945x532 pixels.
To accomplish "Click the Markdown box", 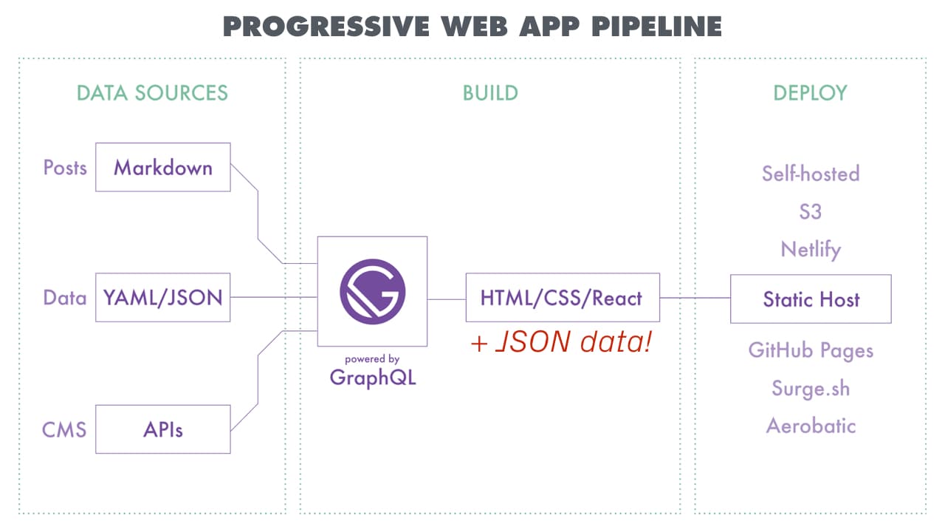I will (x=163, y=168).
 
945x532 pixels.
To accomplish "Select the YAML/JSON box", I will (x=163, y=298).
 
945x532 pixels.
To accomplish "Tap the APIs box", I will (x=163, y=429).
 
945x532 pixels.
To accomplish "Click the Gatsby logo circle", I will (x=372, y=291).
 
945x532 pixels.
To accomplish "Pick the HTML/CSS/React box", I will (x=562, y=299).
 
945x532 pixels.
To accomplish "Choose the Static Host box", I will (x=811, y=299).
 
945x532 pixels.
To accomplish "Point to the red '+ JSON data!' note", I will (x=562, y=343).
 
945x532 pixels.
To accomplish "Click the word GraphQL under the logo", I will (x=373, y=377).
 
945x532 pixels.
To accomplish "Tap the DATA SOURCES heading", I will (x=152, y=93).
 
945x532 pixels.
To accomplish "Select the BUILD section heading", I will (x=490, y=93).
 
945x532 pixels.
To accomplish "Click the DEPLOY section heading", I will (x=810, y=93).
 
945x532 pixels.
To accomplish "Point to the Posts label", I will (x=65, y=168).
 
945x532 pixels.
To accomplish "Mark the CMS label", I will (x=64, y=429).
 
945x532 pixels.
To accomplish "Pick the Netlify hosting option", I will (x=811, y=250).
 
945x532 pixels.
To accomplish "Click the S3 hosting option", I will (x=810, y=212).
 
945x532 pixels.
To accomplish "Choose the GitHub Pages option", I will (x=811, y=349).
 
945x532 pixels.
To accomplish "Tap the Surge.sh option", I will (x=811, y=388).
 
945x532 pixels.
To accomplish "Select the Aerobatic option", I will (x=811, y=426).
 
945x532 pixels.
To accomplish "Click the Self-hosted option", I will (x=811, y=174).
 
